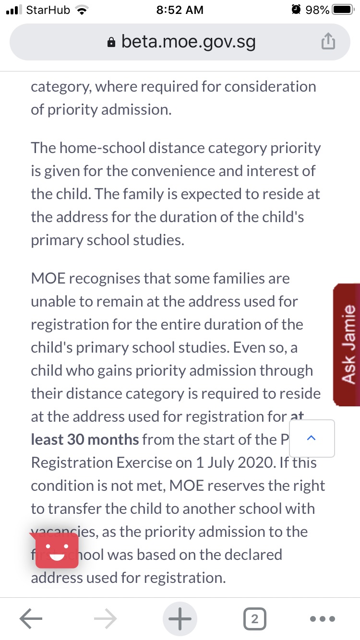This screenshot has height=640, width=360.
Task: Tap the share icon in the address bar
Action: [327, 43]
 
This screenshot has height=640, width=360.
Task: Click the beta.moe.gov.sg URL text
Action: [188, 42]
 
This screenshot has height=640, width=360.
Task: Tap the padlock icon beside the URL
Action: [111, 43]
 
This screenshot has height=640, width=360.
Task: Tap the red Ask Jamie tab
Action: [347, 344]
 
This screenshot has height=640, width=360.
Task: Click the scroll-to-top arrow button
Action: [312, 438]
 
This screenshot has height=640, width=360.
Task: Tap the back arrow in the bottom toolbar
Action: [31, 619]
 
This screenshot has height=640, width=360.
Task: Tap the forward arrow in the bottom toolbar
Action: [106, 619]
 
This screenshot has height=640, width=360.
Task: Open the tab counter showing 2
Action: [254, 619]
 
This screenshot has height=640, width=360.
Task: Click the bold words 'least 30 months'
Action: [85, 439]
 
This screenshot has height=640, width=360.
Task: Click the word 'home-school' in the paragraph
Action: [91, 148]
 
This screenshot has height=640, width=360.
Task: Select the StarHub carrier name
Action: [48, 10]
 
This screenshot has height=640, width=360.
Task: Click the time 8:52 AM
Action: [180, 10]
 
